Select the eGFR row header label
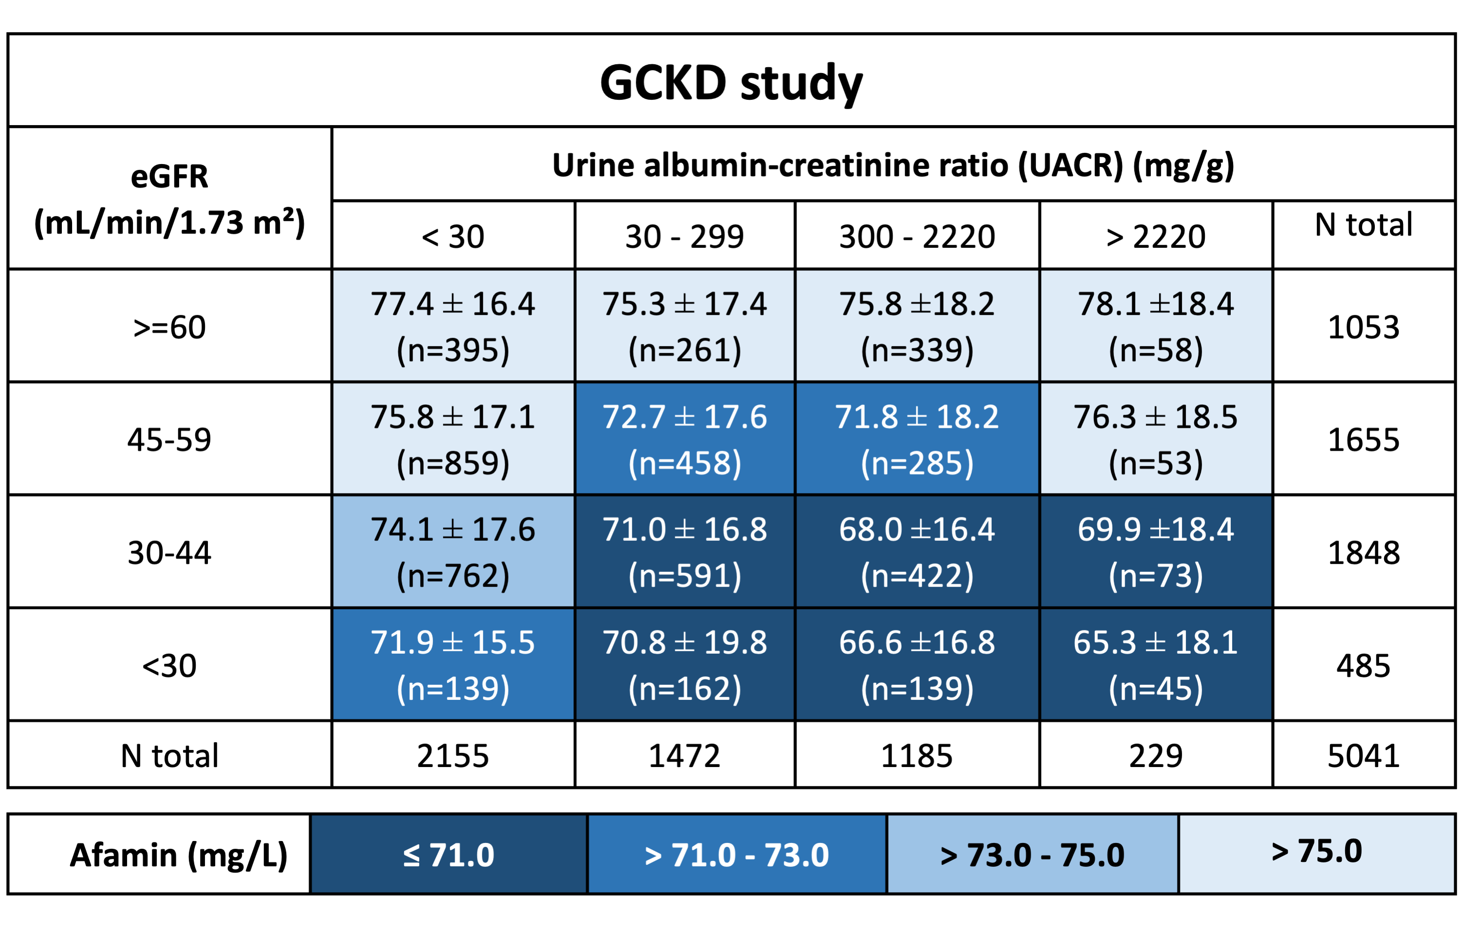point(169,199)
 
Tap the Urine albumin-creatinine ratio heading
point(893,165)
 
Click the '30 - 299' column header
point(684,236)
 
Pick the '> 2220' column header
point(1155,236)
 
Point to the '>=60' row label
point(169,327)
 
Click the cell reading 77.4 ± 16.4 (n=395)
point(453,326)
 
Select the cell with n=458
point(684,440)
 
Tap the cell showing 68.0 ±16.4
point(917,552)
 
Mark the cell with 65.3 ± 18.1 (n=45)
point(1155,665)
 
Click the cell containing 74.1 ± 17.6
point(453,552)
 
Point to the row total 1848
point(1363,552)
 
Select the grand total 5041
point(1363,756)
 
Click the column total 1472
point(684,756)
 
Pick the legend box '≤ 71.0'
point(448,855)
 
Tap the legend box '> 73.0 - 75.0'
point(1032,855)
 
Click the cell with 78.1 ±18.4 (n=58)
point(1155,326)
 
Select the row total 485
point(1363,665)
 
